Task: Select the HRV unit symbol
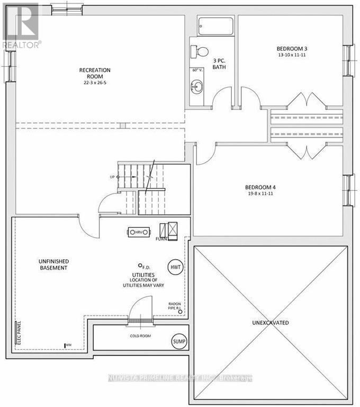pos(139,232)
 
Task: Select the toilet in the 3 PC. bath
pos(199,51)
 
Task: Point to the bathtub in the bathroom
pos(215,26)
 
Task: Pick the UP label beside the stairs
pos(112,176)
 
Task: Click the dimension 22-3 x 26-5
pos(95,83)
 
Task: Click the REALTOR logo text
pos(21,45)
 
